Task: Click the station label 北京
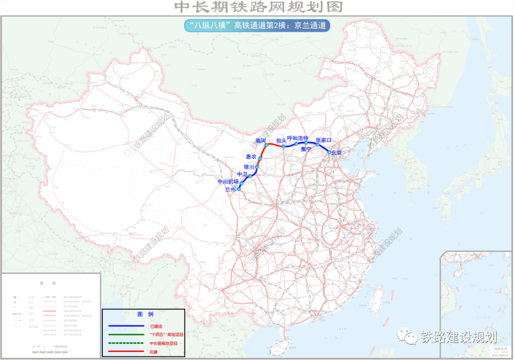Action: point(336,153)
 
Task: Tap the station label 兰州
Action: point(230,189)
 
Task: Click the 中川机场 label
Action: point(228,181)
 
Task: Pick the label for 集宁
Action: point(306,149)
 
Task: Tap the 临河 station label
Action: point(260,141)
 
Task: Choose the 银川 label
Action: point(249,167)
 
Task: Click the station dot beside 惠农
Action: point(260,159)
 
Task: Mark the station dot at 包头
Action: point(284,146)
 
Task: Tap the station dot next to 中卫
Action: point(250,176)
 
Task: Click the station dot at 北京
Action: point(329,152)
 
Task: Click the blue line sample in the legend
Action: point(126,326)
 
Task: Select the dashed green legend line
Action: point(126,343)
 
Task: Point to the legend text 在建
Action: point(153,351)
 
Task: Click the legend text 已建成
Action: point(155,326)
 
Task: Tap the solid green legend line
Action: point(126,334)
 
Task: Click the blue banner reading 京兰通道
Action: point(257,26)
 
